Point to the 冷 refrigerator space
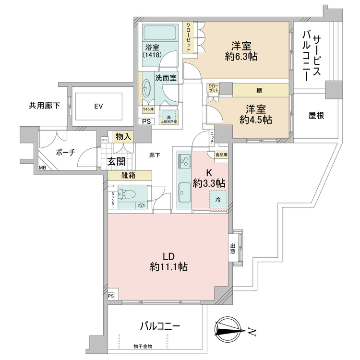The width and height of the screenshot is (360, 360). tap(217, 199)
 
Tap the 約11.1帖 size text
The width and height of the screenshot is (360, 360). tap(168, 267)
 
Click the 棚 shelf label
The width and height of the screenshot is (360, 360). tap(259, 89)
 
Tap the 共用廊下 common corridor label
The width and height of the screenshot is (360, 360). tap(45, 106)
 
